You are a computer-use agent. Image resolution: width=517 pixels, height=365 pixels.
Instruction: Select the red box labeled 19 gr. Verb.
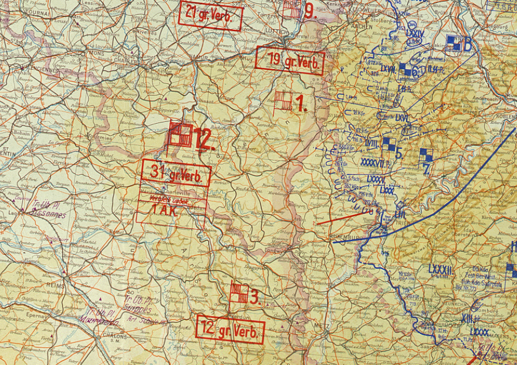[290, 60]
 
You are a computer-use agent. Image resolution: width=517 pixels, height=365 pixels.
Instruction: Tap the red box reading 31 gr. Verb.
[175, 173]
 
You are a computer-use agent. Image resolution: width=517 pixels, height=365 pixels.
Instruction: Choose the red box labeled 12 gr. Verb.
[230, 329]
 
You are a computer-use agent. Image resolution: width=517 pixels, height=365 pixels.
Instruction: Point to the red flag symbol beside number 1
[282, 100]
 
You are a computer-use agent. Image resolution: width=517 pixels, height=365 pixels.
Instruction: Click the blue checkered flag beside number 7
[426, 155]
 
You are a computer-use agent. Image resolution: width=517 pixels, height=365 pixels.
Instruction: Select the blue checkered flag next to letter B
[452, 42]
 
